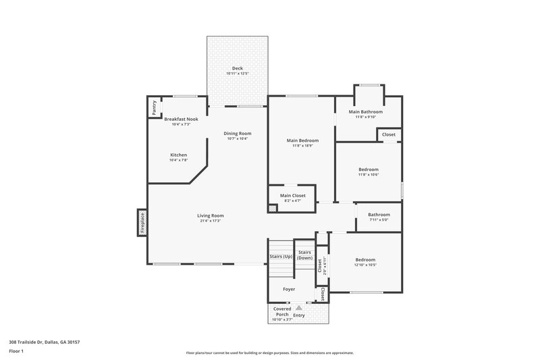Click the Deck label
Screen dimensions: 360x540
[x=237, y=68]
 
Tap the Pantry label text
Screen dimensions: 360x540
[x=154, y=107]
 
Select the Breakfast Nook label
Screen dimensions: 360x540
[x=181, y=119]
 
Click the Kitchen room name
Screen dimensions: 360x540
[x=178, y=155]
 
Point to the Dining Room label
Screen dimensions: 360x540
[x=237, y=133]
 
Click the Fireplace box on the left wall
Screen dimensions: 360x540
[x=142, y=222]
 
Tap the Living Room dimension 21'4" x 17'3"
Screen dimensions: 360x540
[x=211, y=221]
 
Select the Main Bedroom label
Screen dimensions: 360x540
[x=301, y=140]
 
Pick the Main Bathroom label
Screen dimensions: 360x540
[x=365, y=111]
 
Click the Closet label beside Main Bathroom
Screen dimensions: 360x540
[x=389, y=134]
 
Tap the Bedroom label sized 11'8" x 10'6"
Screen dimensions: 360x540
[x=368, y=170]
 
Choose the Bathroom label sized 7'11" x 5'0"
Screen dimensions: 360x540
[x=379, y=215]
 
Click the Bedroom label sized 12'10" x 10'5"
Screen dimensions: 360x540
[x=365, y=260]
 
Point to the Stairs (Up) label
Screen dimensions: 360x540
[x=280, y=257]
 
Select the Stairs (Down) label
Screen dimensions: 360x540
[x=304, y=255]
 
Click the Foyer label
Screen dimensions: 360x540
[x=288, y=289]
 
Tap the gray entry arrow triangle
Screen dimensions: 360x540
[x=299, y=307]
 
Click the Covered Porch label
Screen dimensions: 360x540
[x=281, y=312]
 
